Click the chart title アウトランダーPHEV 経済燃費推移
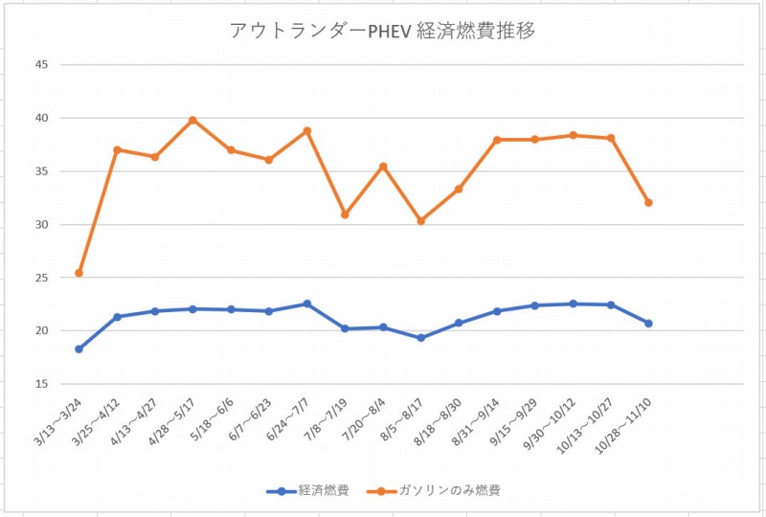tap(382, 30)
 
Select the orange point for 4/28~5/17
tap(192, 120)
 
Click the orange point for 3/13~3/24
tap(79, 273)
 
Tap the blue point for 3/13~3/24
tap(79, 348)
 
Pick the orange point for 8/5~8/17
tap(420, 221)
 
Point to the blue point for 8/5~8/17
tap(420, 338)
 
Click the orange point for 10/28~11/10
tap(648, 202)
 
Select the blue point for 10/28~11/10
tap(648, 324)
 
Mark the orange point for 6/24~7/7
tap(306, 130)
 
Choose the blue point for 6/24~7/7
tap(306, 303)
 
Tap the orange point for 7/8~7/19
tap(345, 214)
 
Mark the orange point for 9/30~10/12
tap(573, 135)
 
